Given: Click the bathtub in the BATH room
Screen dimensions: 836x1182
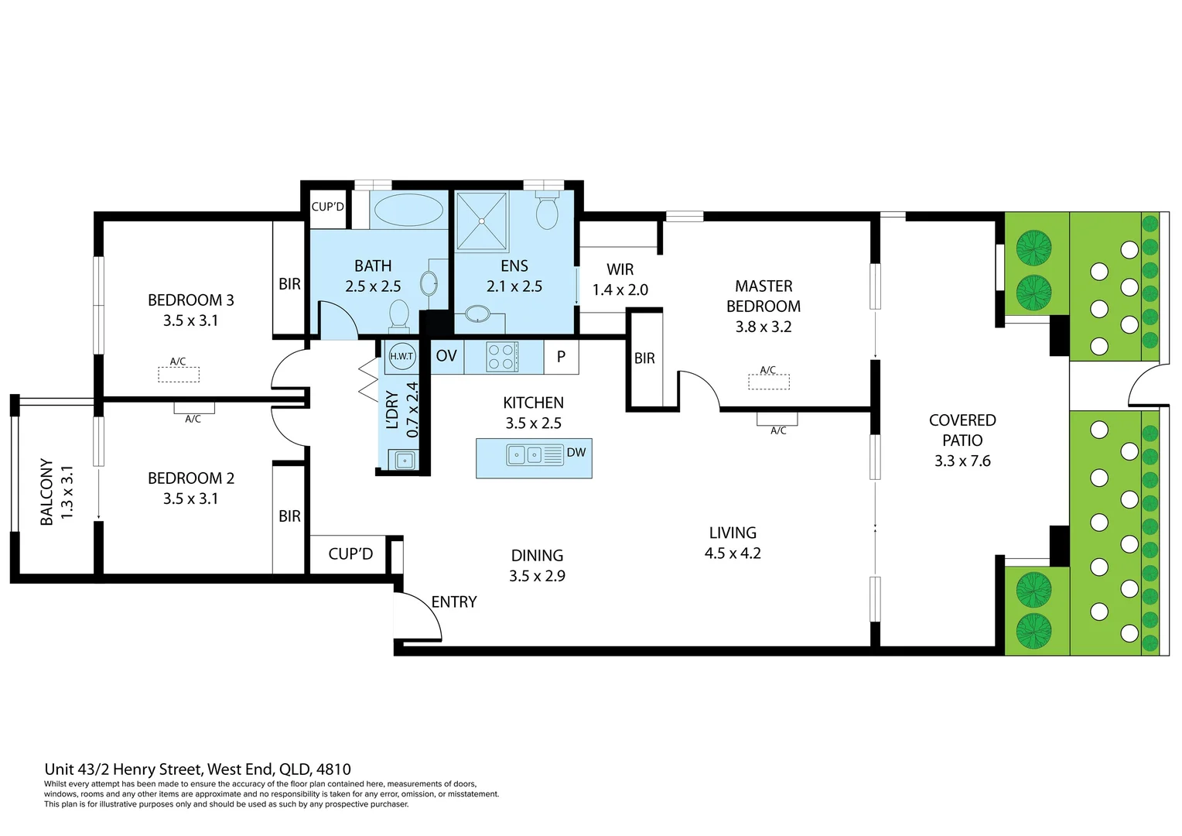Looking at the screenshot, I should [408, 209].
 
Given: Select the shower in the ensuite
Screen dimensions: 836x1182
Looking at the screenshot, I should [482, 221].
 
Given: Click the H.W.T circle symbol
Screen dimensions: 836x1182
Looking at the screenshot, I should [401, 356].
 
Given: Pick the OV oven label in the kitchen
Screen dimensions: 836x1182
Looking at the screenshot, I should [446, 356].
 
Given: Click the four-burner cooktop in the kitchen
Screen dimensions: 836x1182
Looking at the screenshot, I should [501, 357].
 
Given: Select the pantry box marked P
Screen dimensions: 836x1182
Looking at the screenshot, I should [562, 357].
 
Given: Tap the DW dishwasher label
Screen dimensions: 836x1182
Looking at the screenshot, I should [576, 453].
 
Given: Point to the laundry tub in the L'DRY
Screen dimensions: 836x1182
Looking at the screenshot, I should [405, 461].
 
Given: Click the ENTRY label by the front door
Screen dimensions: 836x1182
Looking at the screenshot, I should [454, 602].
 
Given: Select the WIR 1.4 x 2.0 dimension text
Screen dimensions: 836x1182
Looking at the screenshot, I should [620, 290].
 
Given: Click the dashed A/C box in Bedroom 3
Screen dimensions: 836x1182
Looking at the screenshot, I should [179, 375].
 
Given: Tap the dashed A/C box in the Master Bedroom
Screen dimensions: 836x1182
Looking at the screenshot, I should [769, 382].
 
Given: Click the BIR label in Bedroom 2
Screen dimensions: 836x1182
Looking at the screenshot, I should [290, 516].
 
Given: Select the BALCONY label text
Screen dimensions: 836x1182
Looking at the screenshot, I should [47, 492].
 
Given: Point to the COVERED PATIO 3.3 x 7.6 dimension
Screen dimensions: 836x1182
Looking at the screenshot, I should [962, 461].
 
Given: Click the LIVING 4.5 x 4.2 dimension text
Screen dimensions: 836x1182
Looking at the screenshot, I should [733, 553].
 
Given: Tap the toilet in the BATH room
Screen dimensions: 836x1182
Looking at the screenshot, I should [399, 313].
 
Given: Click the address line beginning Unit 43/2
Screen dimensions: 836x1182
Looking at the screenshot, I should [198, 769].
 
